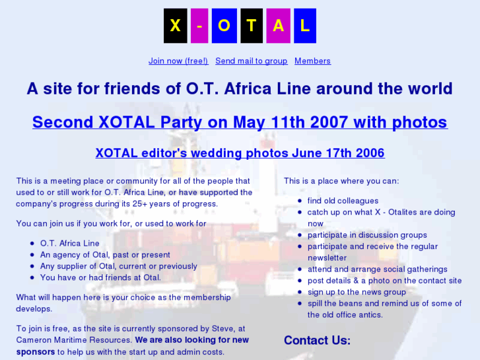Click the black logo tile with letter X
point(175,26)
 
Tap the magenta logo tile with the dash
point(199,26)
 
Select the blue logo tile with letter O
point(224,26)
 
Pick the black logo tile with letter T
point(251,26)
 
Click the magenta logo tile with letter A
point(278,26)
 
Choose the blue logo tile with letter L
point(304,26)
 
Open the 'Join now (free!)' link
point(178,61)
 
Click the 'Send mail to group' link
point(251,61)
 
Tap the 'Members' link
point(312,61)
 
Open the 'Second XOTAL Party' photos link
point(240,122)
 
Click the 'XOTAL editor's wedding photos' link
point(240,153)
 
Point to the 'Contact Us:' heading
point(317,340)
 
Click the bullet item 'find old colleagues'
point(343,201)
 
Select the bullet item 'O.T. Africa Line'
point(70,244)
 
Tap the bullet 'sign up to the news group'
point(357,292)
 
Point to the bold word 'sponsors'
point(36,352)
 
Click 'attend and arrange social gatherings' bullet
point(377,270)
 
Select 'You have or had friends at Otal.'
point(100,277)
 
